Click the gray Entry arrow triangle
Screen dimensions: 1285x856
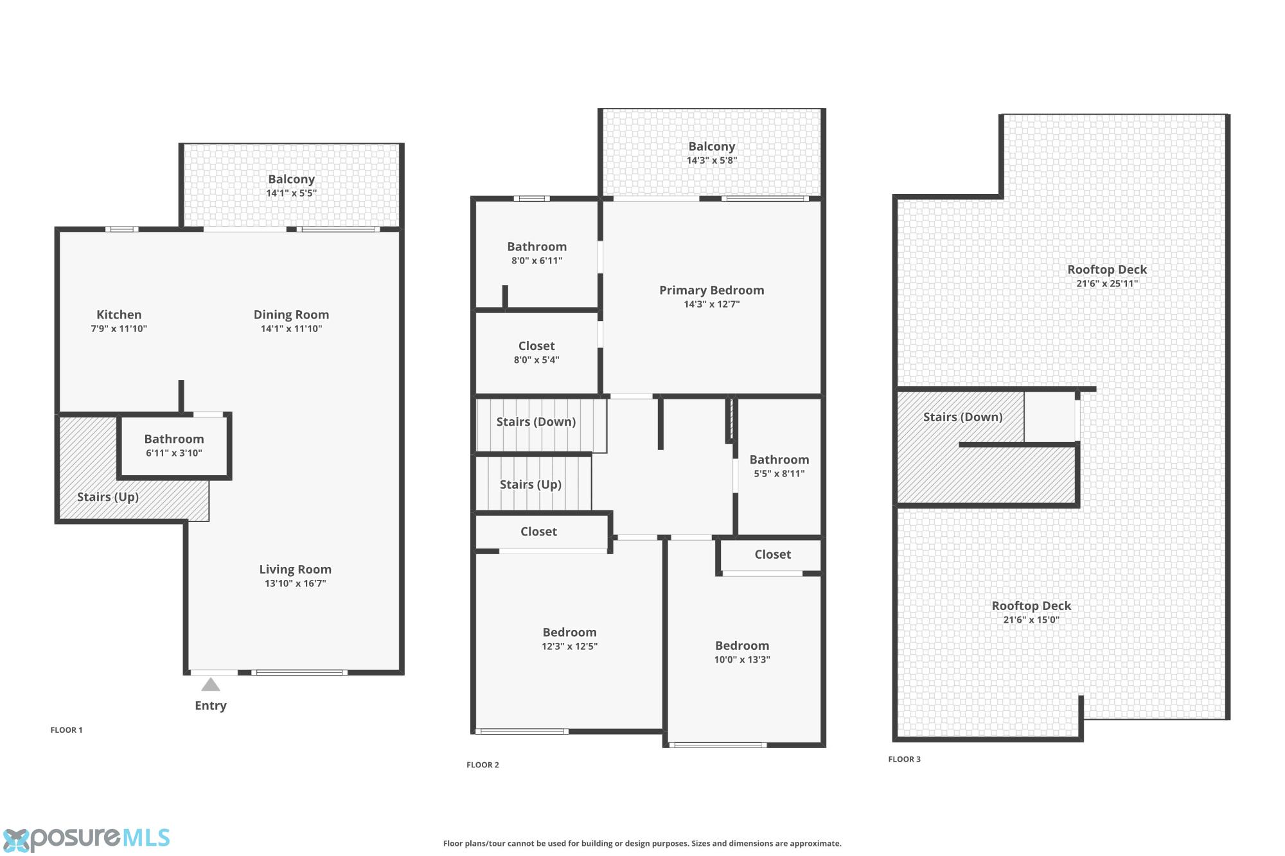tap(211, 685)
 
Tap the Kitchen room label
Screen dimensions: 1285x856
tap(119, 315)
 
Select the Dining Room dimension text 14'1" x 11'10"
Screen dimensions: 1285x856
tap(291, 329)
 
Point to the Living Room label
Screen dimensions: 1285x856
tap(296, 570)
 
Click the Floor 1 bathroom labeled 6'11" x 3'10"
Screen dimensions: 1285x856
tap(173, 446)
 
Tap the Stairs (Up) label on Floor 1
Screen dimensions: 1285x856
tap(108, 497)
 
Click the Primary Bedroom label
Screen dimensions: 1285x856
tap(712, 290)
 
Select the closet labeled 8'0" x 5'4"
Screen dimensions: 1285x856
tap(536, 353)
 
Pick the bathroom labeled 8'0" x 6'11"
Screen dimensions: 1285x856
tap(537, 253)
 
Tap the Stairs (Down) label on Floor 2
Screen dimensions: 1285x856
tap(536, 422)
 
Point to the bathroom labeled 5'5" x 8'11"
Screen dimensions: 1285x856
tap(779, 466)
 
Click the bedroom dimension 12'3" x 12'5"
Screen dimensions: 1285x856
tap(570, 647)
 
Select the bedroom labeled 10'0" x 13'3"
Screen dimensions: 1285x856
tap(742, 652)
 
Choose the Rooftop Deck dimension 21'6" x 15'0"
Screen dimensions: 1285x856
tap(1031, 620)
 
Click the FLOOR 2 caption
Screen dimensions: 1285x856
tap(483, 765)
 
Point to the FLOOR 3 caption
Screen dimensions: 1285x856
tap(905, 759)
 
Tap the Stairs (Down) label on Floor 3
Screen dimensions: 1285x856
tap(963, 417)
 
